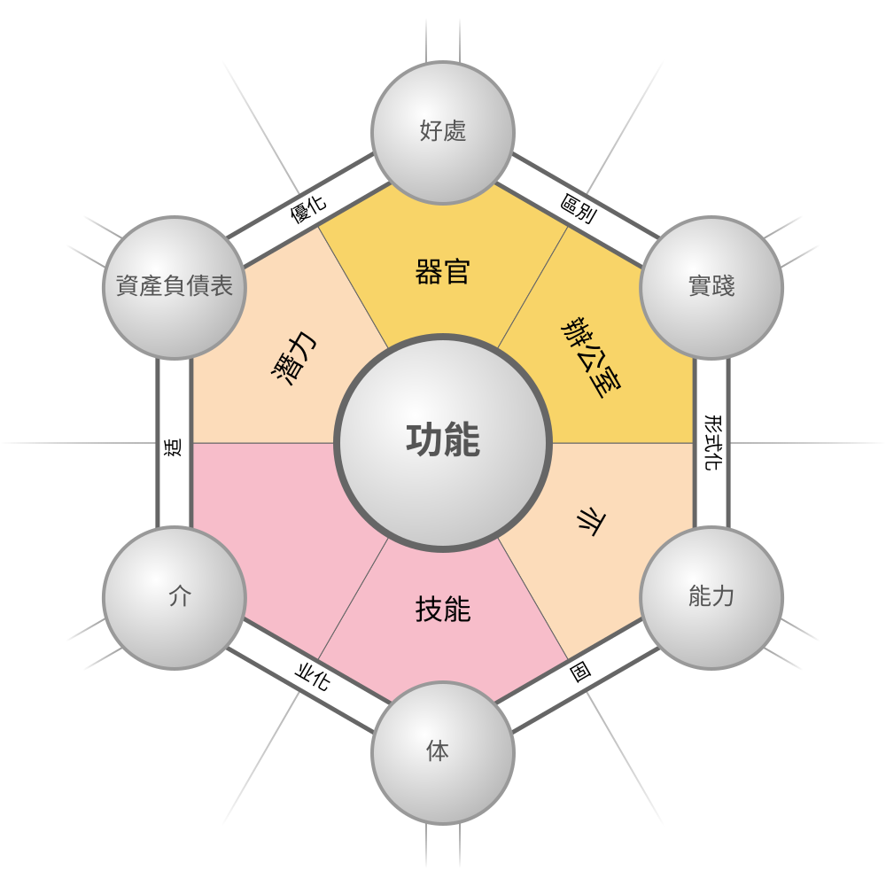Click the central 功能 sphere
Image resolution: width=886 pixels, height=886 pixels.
[443, 442]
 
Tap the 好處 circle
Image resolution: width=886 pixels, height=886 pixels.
[443, 132]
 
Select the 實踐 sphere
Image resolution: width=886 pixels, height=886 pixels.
[711, 287]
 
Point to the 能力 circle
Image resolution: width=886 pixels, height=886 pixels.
[711, 597]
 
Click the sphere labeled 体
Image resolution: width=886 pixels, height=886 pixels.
[443, 752]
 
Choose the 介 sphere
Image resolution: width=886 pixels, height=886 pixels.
[175, 597]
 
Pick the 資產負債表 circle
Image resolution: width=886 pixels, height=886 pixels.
[175, 287]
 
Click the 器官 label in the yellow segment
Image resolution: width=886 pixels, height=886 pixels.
[443, 271]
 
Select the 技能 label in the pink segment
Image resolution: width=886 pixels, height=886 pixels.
[443, 610]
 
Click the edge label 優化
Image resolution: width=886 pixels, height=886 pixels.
[308, 209]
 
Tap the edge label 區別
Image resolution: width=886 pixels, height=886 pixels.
[578, 209]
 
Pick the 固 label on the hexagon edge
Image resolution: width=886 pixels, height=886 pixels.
[580, 672]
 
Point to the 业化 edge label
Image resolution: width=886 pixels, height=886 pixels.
[311, 678]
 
